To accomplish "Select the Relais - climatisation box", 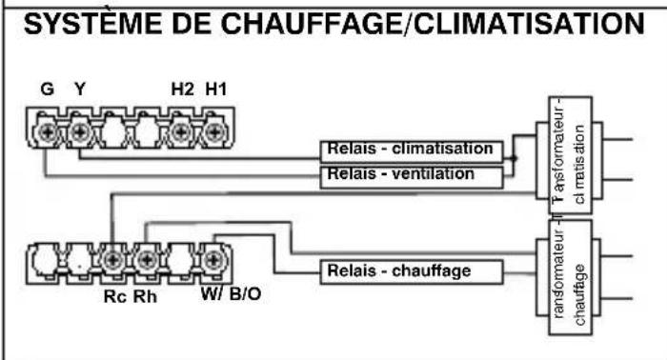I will point(411,150).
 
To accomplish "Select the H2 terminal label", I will point(181,90).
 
